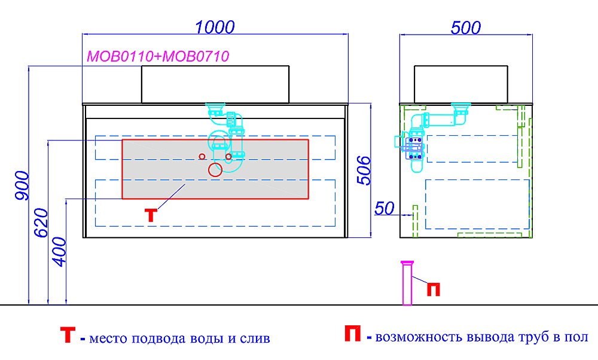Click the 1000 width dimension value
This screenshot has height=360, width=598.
coord(215,27)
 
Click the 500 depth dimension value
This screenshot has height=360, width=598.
coord(466,28)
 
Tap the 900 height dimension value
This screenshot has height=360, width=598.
coord(22,186)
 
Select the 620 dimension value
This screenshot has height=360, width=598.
coord(41,222)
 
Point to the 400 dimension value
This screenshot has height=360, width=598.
coord(59,252)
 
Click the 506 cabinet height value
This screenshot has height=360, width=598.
coord(364,170)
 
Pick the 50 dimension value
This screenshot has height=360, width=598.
coord(385,208)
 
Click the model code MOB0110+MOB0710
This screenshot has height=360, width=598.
coord(158,56)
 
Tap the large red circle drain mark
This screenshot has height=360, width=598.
coord(215,169)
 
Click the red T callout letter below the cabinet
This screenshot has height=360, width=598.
coord(151,215)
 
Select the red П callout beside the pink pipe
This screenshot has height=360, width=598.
coord(433,289)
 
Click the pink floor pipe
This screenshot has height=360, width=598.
coord(407,283)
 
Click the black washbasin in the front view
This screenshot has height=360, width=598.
coord(215,84)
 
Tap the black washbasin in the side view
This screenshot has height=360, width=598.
coord(461,84)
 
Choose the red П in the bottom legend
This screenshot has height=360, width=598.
coord(352,334)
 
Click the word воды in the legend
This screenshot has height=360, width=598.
coord(206,338)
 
